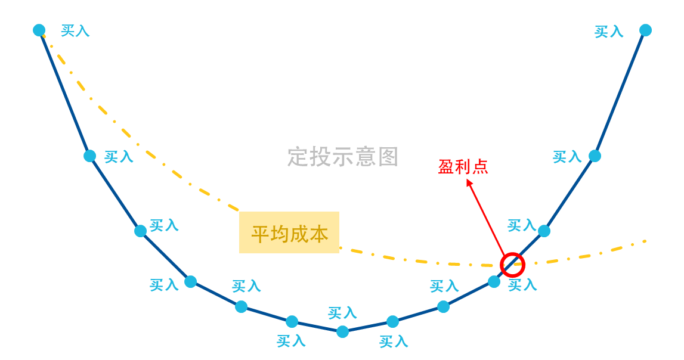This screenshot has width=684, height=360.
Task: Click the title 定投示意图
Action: click(342, 157)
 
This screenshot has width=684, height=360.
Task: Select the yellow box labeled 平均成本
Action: click(289, 232)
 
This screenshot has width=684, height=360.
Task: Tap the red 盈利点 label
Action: click(463, 167)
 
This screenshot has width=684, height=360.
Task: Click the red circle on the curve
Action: click(512, 265)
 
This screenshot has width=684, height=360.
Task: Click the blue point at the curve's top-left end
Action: click(39, 30)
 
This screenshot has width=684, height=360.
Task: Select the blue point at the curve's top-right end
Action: click(645, 30)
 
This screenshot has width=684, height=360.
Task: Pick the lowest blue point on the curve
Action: click(342, 331)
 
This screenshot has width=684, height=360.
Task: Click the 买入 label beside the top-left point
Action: click(75, 30)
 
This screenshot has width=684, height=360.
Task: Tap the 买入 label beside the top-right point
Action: click(609, 32)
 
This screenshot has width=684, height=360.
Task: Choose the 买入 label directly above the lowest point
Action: click(342, 312)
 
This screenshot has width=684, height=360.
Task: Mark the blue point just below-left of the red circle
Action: click(494, 281)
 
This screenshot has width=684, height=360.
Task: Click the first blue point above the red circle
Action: click(544, 231)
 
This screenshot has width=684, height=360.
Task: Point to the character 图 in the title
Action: click(388, 157)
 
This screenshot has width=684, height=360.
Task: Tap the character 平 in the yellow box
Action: click(261, 234)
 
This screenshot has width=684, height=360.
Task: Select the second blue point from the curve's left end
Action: click(90, 156)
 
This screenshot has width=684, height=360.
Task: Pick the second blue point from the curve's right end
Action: click(595, 156)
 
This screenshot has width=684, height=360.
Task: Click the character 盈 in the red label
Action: click(446, 167)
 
